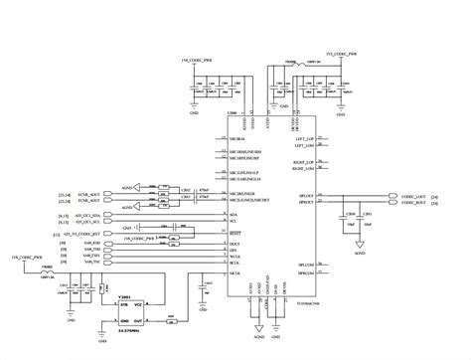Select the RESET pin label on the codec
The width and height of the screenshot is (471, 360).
235,233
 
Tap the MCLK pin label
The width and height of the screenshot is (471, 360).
235,270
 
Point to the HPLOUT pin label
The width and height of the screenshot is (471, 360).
304,198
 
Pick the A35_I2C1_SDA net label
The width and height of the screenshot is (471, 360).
87,214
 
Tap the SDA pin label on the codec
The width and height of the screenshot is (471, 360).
234,214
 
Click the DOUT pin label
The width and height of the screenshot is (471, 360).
235,243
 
